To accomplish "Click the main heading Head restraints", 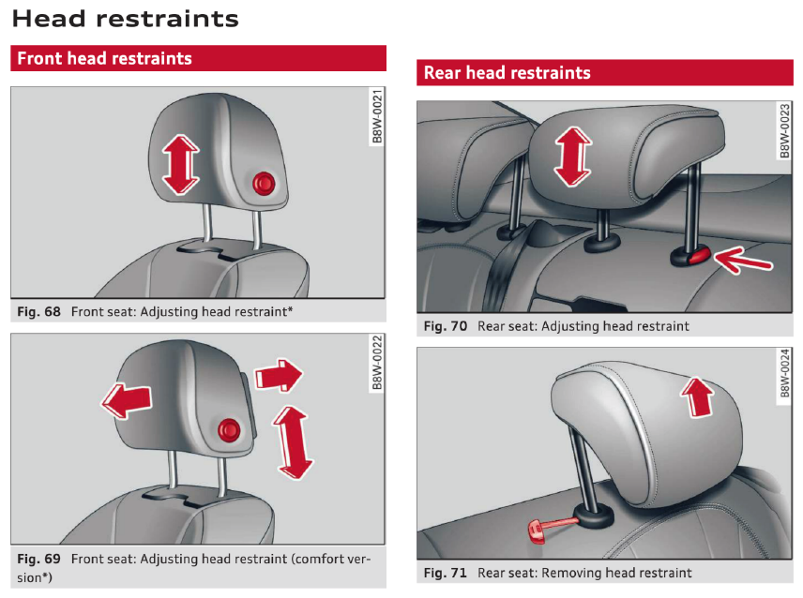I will click(x=126, y=18).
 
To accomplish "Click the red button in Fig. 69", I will click(x=229, y=430).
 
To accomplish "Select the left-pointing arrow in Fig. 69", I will click(x=126, y=400).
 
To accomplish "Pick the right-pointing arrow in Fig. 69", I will click(x=279, y=377).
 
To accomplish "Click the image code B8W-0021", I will click(x=377, y=116).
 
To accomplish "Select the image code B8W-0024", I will click(x=784, y=375).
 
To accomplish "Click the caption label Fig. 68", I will click(x=39, y=310).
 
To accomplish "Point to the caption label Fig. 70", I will click(x=447, y=326).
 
